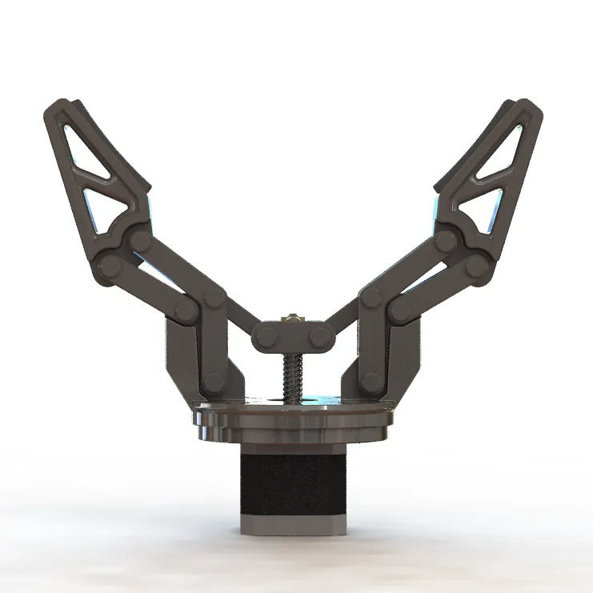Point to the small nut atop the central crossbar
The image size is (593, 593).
(x=294, y=319)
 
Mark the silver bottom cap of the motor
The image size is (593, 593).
(x=293, y=525)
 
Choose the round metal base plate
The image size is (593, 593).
(x=293, y=420)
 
